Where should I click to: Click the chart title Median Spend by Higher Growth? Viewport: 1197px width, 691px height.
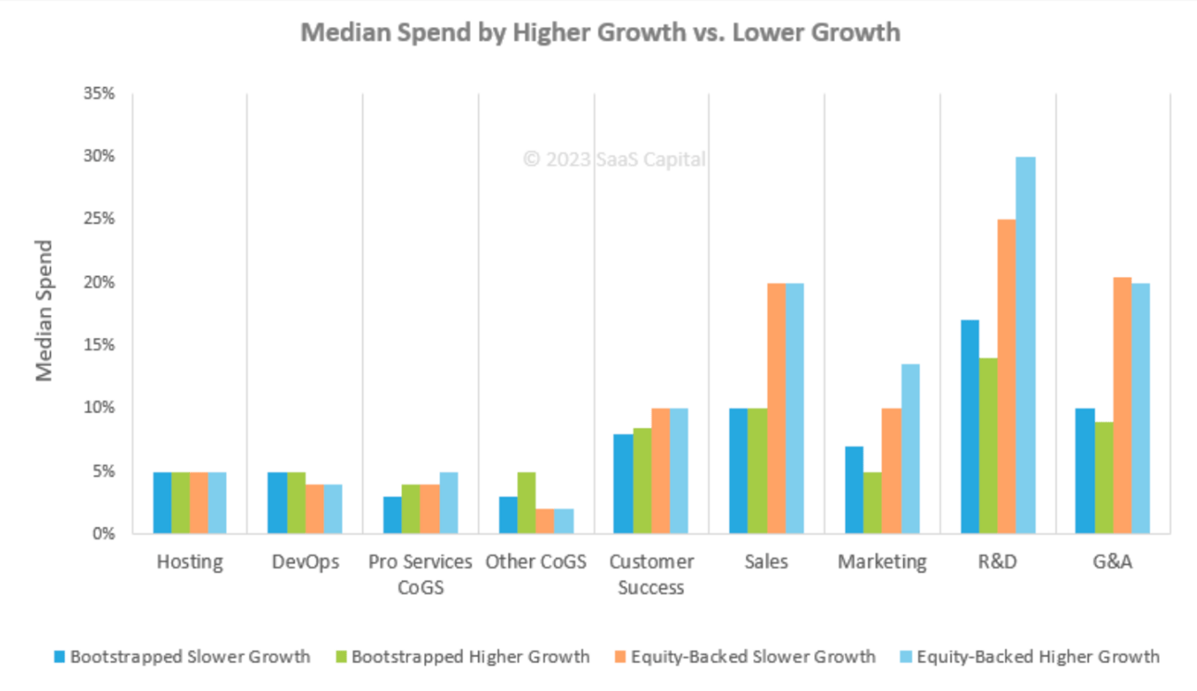pyautogui.click(x=600, y=32)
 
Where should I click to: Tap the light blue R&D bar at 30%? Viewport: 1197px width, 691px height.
pyautogui.click(x=1026, y=345)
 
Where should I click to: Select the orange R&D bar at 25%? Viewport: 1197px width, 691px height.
pyautogui.click(x=1006, y=376)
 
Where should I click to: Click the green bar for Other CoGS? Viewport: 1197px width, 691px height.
pyautogui.click(x=526, y=503)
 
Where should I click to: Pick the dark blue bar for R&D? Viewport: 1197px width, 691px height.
pyautogui.click(x=969, y=426)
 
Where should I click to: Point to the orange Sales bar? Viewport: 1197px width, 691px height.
pyautogui.click(x=775, y=408)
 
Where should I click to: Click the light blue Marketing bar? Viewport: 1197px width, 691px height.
pyautogui.click(x=910, y=448)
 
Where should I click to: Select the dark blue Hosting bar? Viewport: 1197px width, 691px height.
pyautogui.click(x=162, y=503)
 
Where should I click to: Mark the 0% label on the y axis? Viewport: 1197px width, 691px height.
pyautogui.click(x=102, y=534)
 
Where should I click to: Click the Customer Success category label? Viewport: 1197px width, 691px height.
pyautogui.click(x=651, y=574)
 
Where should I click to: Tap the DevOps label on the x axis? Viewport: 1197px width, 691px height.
pyautogui.click(x=305, y=562)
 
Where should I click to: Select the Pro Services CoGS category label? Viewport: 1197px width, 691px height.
pyautogui.click(x=421, y=574)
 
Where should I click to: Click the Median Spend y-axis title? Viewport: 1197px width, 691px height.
pyautogui.click(x=44, y=310)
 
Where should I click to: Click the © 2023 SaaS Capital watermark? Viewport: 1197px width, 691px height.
pyautogui.click(x=613, y=159)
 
